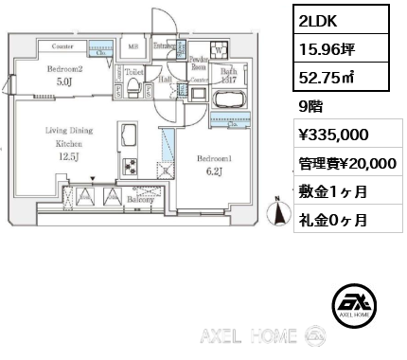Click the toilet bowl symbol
click(133, 89)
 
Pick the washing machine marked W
click(220, 49)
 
